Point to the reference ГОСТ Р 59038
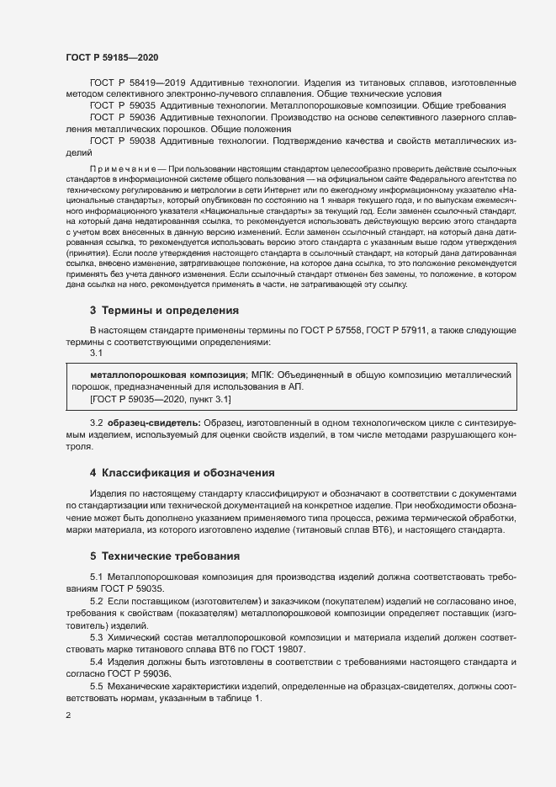(x=121, y=141)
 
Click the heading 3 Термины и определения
(x=164, y=311)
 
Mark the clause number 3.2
(x=96, y=420)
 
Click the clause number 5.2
(x=96, y=604)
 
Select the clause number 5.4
(x=96, y=663)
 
